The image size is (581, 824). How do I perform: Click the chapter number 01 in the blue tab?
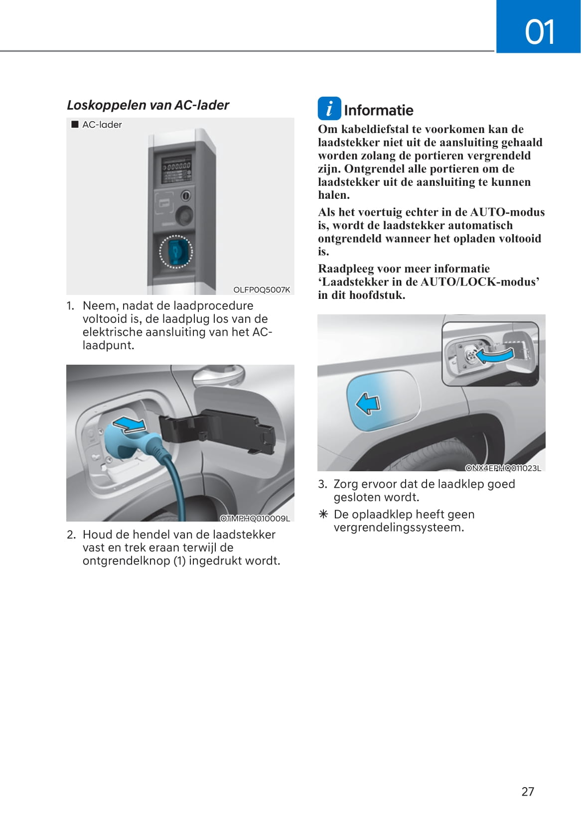[x=539, y=32]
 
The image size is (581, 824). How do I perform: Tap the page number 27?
[x=528, y=791]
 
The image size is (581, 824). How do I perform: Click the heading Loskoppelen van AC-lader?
[x=148, y=105]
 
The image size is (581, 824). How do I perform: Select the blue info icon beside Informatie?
[x=329, y=109]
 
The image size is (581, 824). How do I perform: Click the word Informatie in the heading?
[x=378, y=110]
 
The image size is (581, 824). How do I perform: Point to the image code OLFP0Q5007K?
[x=262, y=289]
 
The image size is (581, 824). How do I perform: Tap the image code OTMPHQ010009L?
[x=255, y=518]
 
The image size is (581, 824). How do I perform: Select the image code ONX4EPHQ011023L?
[x=503, y=468]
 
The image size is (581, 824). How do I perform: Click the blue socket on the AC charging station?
[x=175, y=252]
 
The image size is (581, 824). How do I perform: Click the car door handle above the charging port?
[x=218, y=374]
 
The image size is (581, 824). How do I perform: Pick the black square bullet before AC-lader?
[x=75, y=125]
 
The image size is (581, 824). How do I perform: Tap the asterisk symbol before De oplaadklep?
[x=323, y=514]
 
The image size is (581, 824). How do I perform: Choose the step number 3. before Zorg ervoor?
[x=322, y=484]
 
